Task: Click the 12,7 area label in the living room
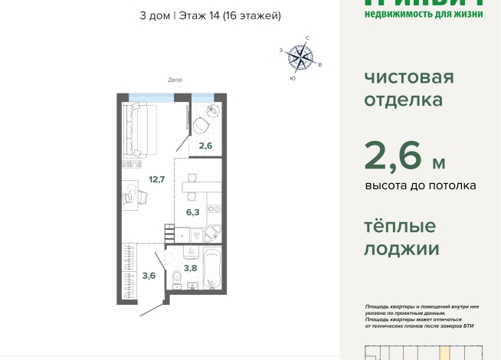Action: (x=156, y=180)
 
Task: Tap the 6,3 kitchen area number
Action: (x=192, y=212)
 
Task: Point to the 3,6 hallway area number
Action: (x=149, y=276)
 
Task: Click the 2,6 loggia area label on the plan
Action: (x=205, y=146)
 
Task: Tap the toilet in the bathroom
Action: (x=178, y=280)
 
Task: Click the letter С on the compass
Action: (x=307, y=38)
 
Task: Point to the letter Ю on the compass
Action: (x=293, y=78)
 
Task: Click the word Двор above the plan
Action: (x=175, y=80)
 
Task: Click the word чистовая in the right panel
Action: (x=408, y=77)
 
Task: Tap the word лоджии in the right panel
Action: (x=401, y=249)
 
